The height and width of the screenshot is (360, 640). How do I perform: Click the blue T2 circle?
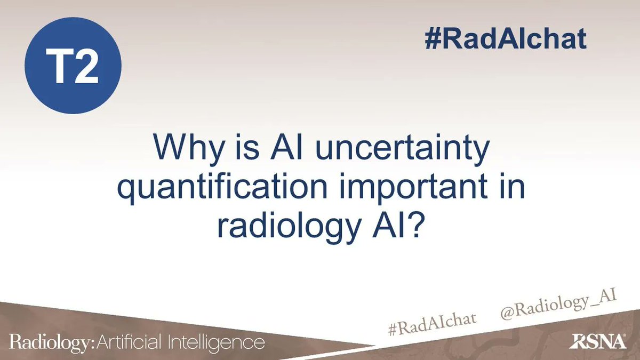pyautogui.click(x=74, y=66)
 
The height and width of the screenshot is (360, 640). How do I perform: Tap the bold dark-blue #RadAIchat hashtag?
pyautogui.click(x=505, y=39)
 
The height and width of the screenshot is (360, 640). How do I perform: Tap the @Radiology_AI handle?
pyautogui.click(x=557, y=309)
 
